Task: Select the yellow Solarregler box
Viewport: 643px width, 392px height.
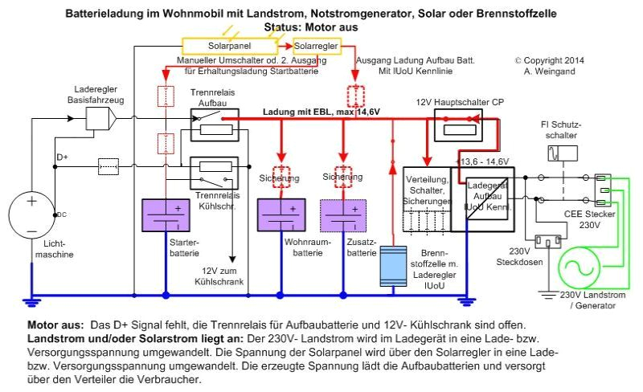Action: click(x=316, y=47)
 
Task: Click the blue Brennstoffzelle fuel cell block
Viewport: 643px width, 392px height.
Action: click(x=394, y=265)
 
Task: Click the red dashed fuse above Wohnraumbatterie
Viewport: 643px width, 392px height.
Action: click(x=280, y=178)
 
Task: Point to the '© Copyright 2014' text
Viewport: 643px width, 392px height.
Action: click(x=549, y=60)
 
